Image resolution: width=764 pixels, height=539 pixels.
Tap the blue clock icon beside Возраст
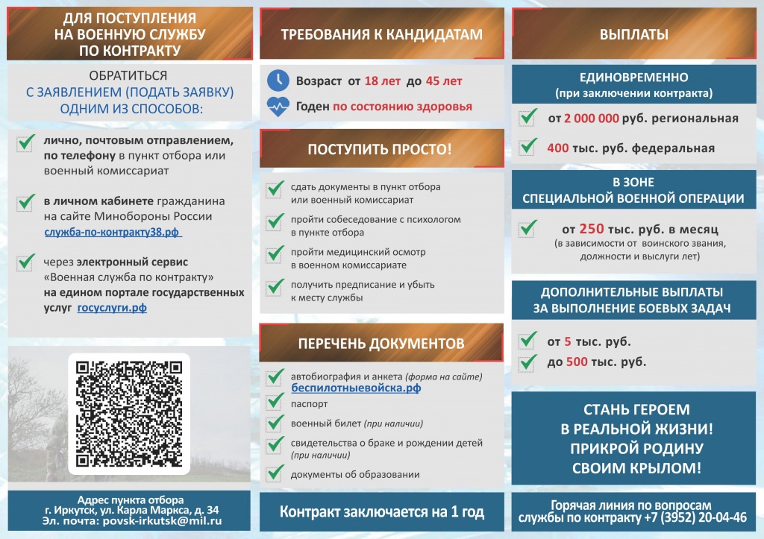278,80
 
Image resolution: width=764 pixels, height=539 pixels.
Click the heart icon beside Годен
278,107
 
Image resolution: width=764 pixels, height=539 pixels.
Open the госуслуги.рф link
112,307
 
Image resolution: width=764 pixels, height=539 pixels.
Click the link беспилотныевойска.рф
356,388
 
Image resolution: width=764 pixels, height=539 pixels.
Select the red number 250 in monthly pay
591,229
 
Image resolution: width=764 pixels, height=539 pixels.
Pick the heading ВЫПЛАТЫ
633,34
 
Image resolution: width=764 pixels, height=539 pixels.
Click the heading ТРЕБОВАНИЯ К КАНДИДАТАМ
381,34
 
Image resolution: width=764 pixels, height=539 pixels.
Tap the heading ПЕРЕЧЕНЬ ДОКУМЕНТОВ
381,343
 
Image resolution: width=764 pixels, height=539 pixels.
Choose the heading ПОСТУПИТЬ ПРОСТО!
380,149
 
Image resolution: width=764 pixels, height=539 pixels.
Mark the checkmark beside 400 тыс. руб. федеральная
528,147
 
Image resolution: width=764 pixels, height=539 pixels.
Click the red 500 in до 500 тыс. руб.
577,362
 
